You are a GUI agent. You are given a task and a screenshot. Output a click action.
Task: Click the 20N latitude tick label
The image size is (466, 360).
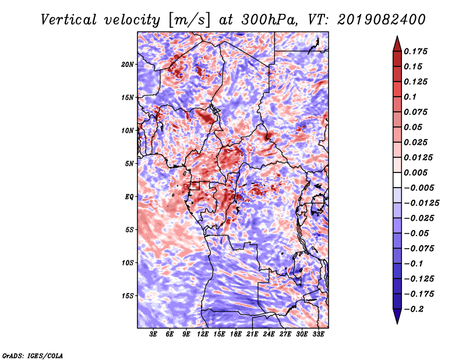click(127, 64)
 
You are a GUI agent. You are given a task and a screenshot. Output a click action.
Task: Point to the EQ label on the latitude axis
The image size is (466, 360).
click(129, 197)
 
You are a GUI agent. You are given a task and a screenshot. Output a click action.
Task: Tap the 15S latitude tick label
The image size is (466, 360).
click(127, 296)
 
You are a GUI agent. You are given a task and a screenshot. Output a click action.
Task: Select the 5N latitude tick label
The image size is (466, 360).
click(129, 164)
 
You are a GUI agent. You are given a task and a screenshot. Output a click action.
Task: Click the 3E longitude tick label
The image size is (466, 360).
click(153, 334)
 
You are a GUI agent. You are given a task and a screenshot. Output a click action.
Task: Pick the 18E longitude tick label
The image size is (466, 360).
click(236, 334)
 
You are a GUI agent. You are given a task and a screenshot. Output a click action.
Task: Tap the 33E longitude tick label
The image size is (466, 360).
click(318, 334)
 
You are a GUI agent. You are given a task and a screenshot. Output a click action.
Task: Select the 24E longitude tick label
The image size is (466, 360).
click(269, 334)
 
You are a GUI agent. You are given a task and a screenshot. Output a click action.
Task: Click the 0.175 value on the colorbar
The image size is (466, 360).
click(415, 51)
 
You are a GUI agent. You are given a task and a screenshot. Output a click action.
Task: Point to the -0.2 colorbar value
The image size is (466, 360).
click(414, 309)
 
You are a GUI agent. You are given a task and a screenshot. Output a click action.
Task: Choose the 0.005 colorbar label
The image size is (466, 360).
click(415, 172)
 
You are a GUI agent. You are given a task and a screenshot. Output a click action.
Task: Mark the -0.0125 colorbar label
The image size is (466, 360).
click(421, 203)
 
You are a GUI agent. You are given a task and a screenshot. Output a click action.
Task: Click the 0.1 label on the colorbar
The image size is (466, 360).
click(410, 97)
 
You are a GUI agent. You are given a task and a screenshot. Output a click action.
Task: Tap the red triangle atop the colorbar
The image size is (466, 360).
click(397, 44)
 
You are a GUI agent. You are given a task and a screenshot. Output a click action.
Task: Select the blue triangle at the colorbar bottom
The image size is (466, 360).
click(397, 316)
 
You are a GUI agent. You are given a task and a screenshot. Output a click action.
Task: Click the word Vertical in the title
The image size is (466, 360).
click(69, 20)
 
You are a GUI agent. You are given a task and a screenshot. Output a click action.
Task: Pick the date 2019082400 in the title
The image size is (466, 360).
click(382, 20)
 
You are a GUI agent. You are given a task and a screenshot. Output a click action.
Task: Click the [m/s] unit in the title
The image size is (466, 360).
click(189, 20)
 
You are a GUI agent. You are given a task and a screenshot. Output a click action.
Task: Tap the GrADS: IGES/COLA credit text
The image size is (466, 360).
click(33, 355)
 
